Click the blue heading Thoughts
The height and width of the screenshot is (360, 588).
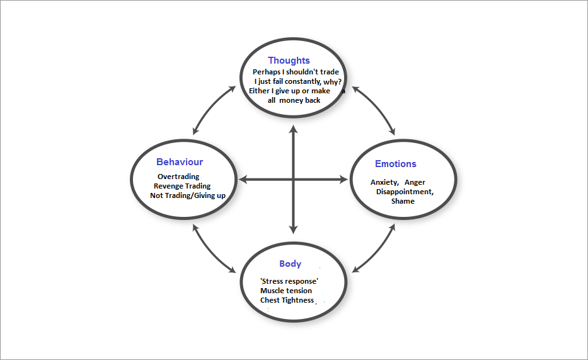pos(289,61)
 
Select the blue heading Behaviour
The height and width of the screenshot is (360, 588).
pos(180,162)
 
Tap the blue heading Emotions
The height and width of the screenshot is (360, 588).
pos(395,164)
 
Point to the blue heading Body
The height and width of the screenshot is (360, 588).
pos(290,264)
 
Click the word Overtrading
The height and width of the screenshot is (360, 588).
pos(178,177)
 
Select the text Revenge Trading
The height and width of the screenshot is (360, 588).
pos(182,186)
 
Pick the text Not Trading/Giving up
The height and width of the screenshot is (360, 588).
pos(187,195)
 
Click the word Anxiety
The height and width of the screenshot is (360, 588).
pos(384,182)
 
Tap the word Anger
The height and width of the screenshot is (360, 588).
pos(415,182)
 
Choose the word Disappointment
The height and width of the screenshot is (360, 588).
pos(404,192)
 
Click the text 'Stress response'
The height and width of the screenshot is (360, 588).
pos(289,281)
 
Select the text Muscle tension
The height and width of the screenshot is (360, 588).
pos(285,291)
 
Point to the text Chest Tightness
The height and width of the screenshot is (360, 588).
pos(287,300)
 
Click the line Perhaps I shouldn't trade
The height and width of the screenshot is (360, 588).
pos(296,72)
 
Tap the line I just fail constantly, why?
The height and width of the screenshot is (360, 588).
pos(297,81)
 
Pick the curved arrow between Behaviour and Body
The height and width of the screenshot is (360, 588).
pos(209,251)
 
